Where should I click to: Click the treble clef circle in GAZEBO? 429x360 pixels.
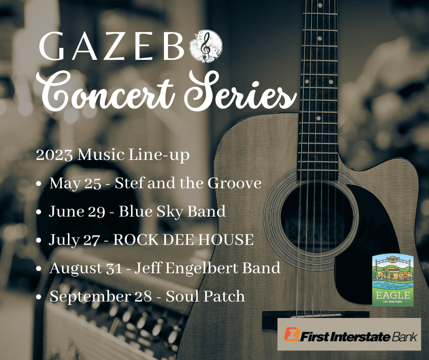206,46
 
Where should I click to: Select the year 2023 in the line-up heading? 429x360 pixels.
54,155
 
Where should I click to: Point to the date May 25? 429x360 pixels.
75,183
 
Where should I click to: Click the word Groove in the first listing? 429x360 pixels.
235,183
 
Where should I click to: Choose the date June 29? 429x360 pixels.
77,212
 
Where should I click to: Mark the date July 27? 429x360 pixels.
74,240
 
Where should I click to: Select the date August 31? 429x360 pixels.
86,268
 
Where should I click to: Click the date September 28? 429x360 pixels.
100,296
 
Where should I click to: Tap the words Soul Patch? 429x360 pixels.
205,296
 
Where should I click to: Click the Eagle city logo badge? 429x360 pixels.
393,280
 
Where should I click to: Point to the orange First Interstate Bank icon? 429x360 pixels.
292,334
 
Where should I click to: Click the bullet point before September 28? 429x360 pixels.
39,296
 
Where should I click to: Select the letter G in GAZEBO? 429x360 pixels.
52,46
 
